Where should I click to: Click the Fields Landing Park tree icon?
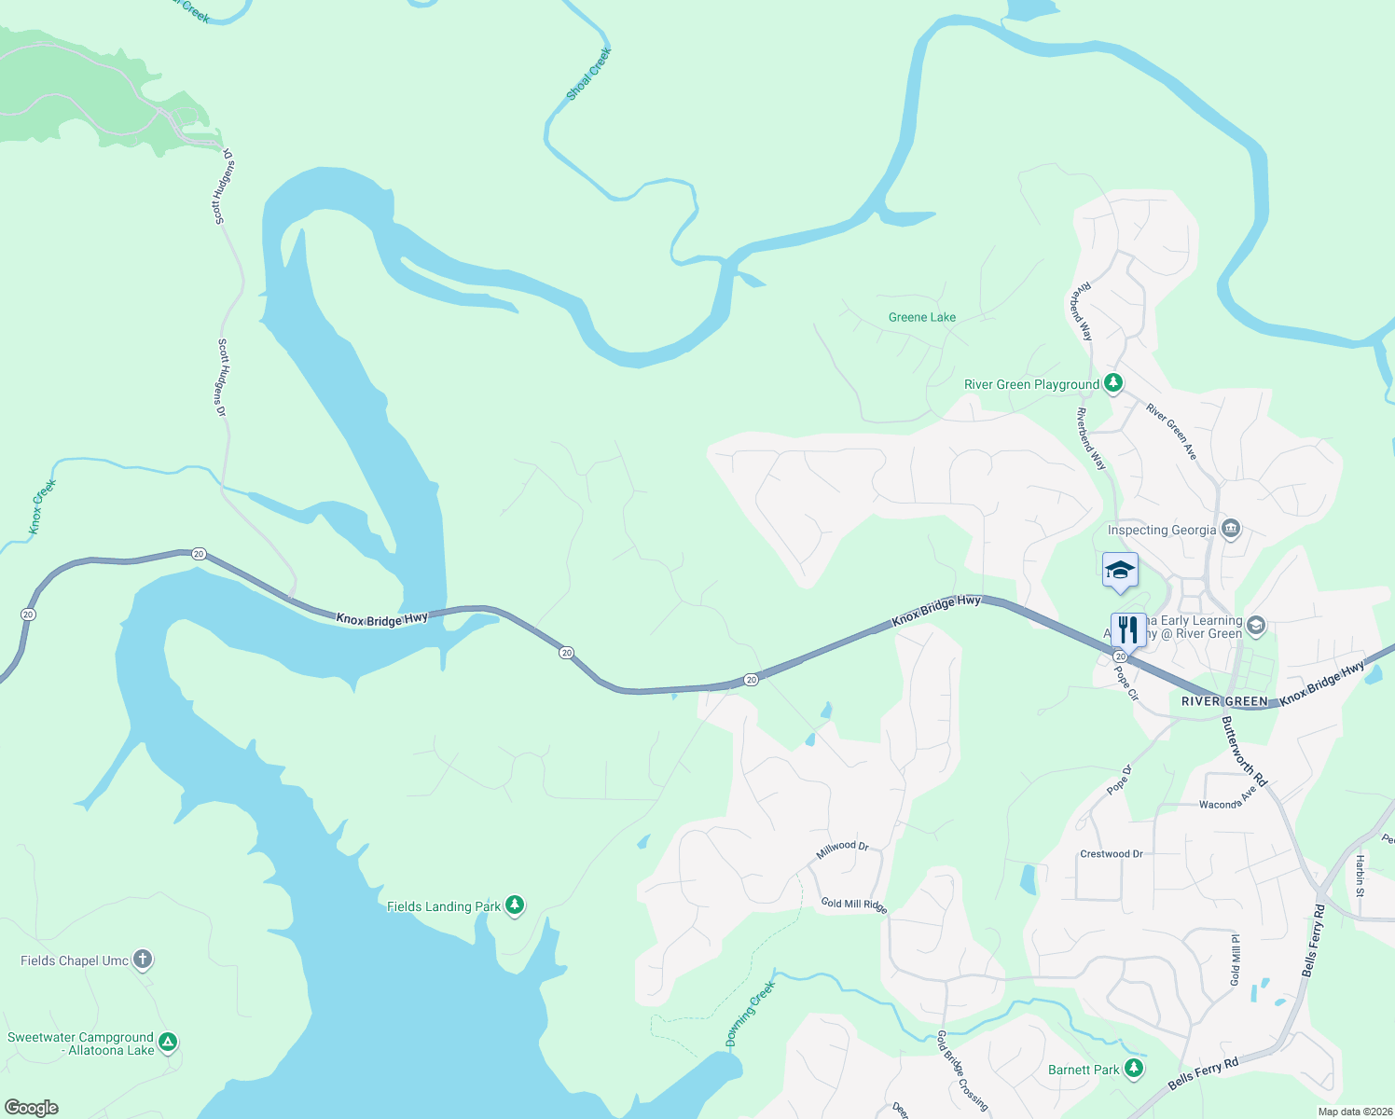514,905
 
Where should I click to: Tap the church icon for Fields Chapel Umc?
142,960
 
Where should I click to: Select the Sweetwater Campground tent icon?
168,1043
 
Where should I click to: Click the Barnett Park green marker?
1134,1069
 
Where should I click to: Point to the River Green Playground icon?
1112,383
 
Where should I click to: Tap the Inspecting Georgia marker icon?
1231,530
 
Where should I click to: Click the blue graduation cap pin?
1119,571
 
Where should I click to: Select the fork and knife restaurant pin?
1128,630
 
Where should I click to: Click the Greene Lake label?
921,317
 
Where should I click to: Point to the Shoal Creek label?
588,74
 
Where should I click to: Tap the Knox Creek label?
42,506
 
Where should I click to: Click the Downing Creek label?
751,1014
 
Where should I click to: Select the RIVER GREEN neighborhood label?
1224,701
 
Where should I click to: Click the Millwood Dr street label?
842,850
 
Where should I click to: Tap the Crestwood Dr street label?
1111,854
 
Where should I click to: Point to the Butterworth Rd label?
1245,751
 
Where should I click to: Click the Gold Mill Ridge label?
853,904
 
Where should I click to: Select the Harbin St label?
1360,876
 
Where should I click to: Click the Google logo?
31,1108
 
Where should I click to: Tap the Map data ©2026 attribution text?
1353,1112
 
